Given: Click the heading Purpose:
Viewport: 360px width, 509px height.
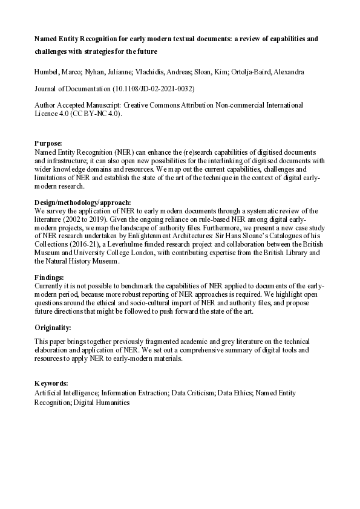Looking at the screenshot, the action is pyautogui.click(x=48, y=143).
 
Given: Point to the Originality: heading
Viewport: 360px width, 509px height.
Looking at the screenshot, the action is pyautogui.click(x=53, y=327).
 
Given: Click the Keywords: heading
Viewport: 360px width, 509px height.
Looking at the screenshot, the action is pyautogui.click(x=51, y=384).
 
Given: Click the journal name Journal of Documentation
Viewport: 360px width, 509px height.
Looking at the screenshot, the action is pyautogui.click(x=73, y=89).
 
